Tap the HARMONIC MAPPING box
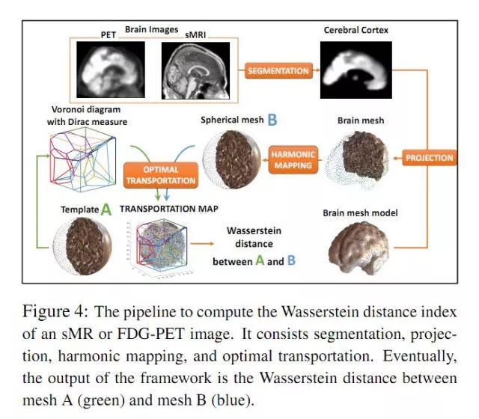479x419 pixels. (293, 158)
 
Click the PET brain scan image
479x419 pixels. (112, 68)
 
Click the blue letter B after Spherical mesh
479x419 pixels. (272, 120)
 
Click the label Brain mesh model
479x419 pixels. (360, 212)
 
